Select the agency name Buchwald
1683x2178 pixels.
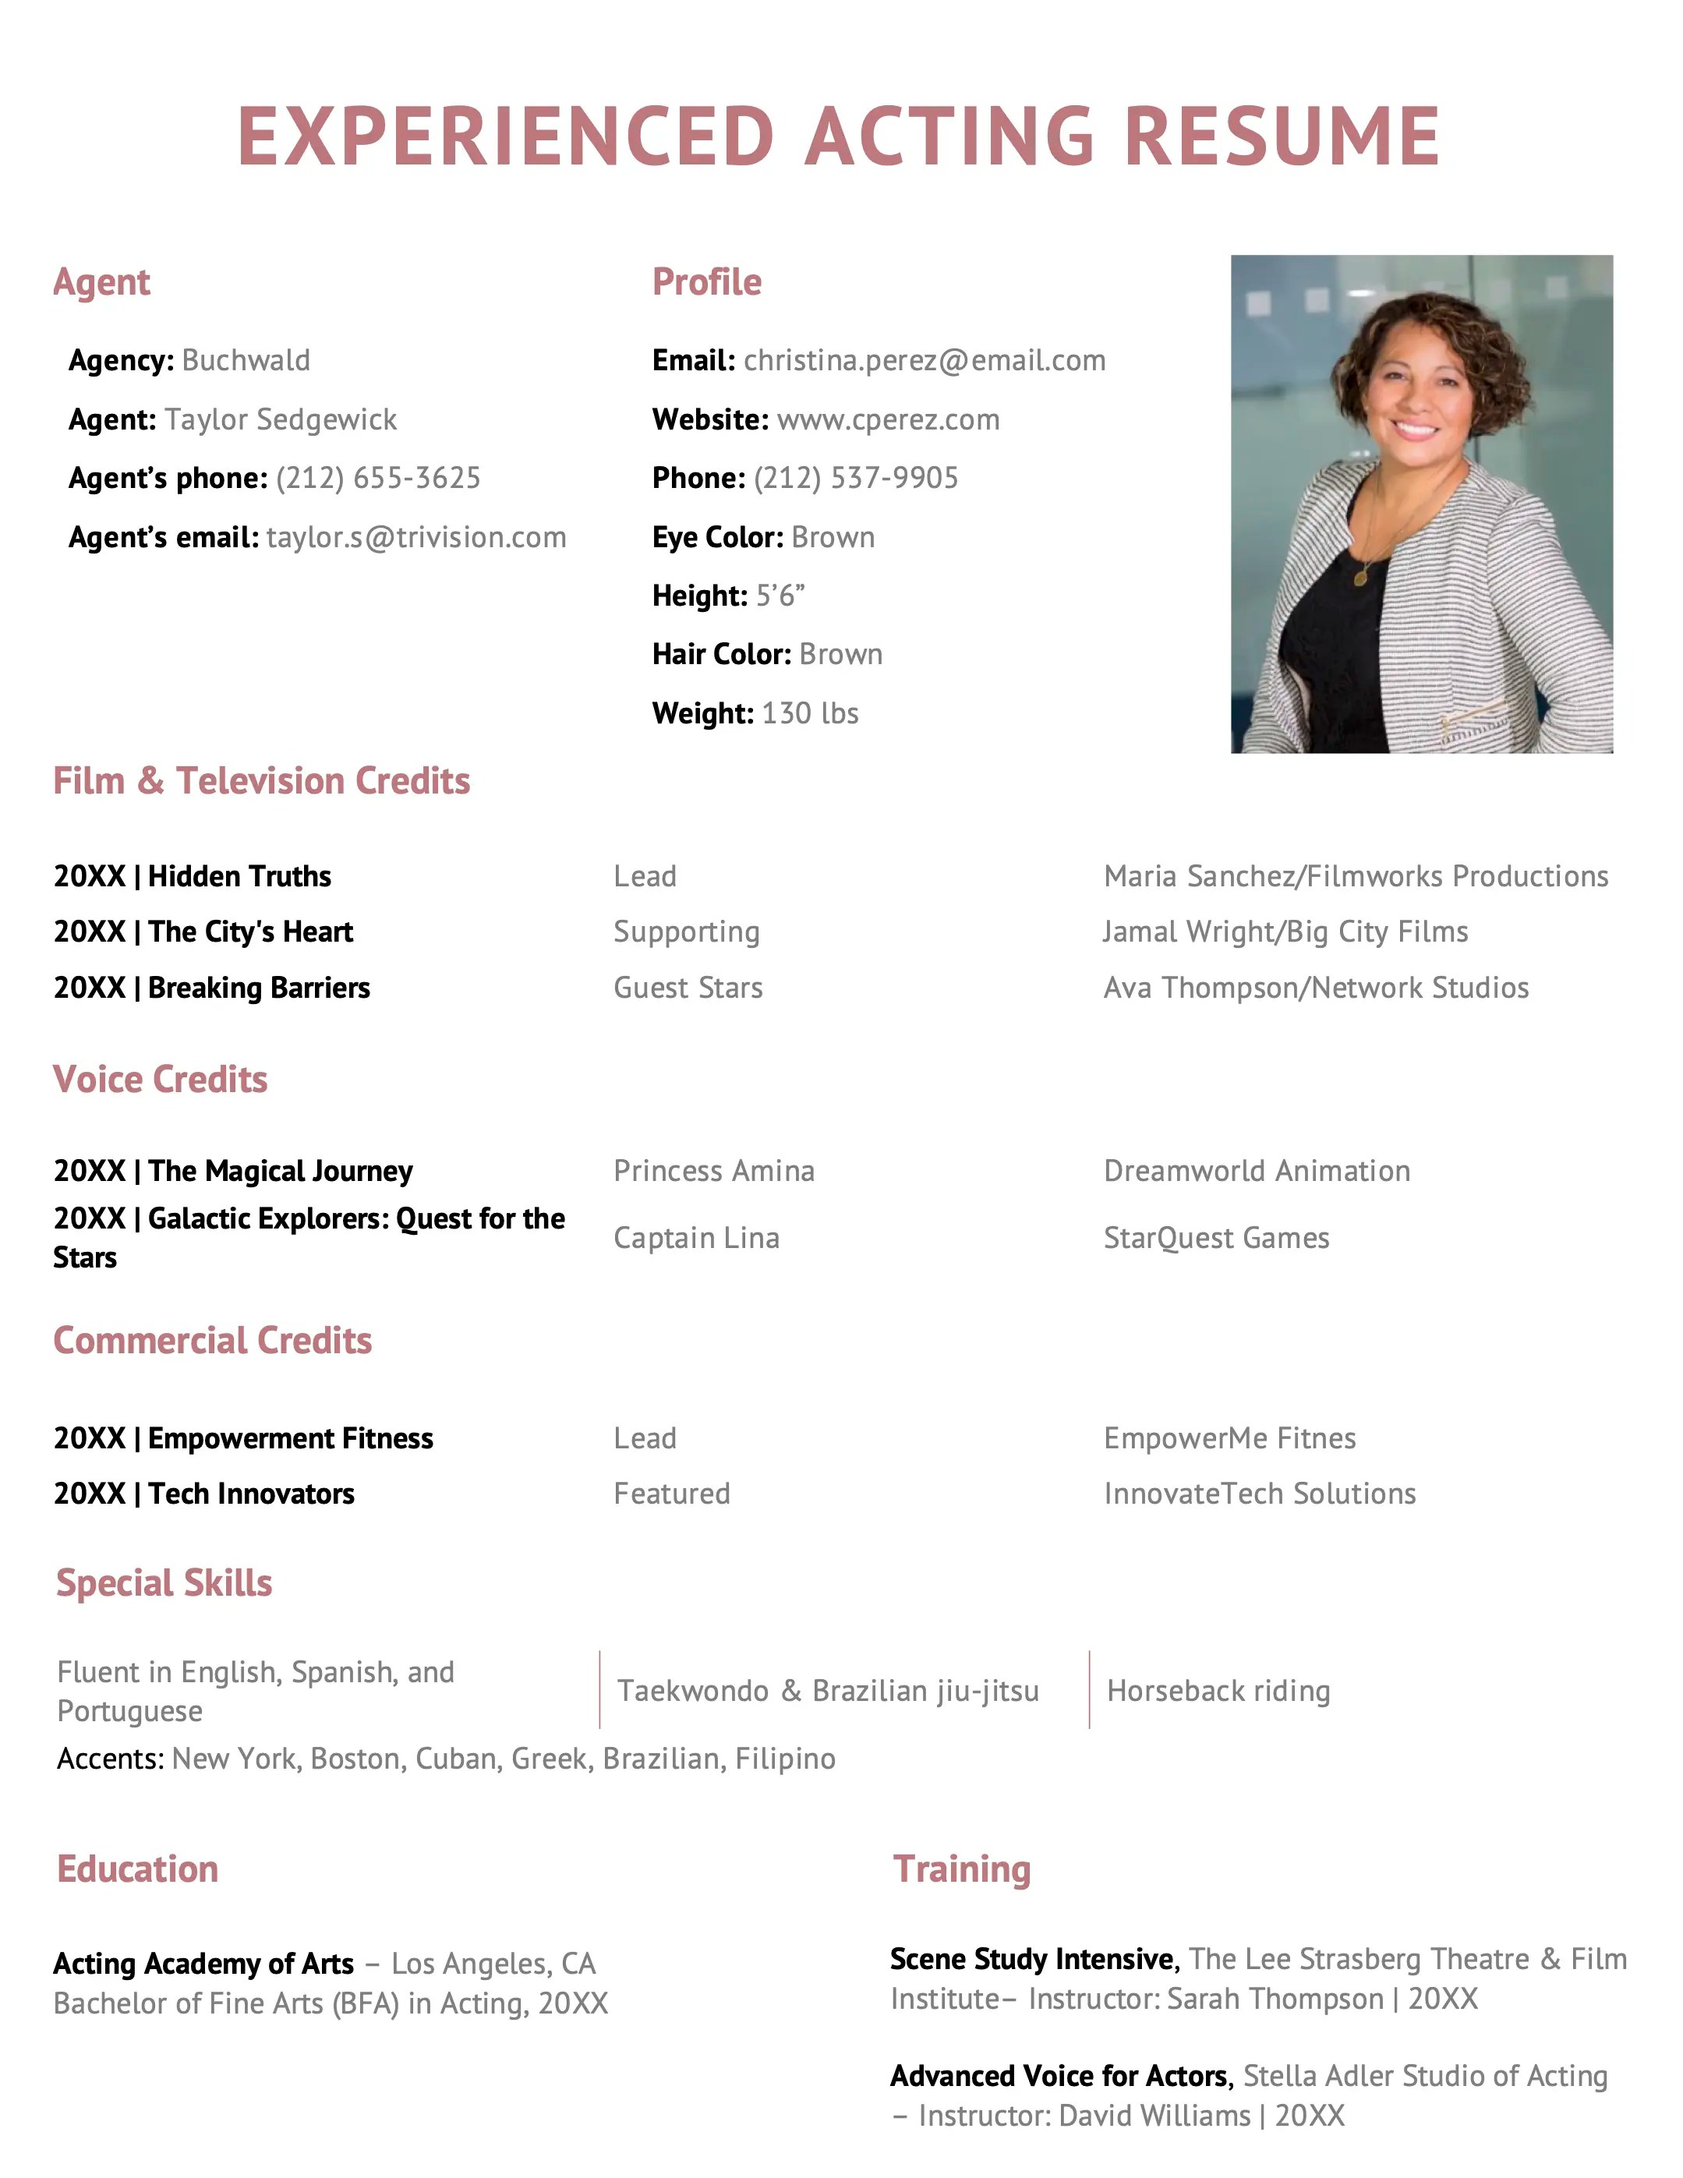tap(246, 360)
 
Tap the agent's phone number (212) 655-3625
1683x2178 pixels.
tap(378, 478)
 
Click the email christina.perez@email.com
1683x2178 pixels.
tap(925, 360)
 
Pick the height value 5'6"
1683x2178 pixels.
tap(780, 596)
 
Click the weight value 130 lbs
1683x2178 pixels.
tap(810, 713)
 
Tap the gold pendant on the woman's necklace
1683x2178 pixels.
tap(1361, 576)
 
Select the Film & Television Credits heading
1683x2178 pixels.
tap(261, 781)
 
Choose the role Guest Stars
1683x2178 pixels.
tap(688, 988)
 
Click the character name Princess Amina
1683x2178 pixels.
tap(714, 1171)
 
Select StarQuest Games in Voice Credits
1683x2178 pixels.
tap(1216, 1238)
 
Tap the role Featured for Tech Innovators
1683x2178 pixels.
tap(672, 1493)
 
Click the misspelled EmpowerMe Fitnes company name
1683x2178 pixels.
tap(1229, 1438)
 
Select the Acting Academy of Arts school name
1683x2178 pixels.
tap(203, 1964)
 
